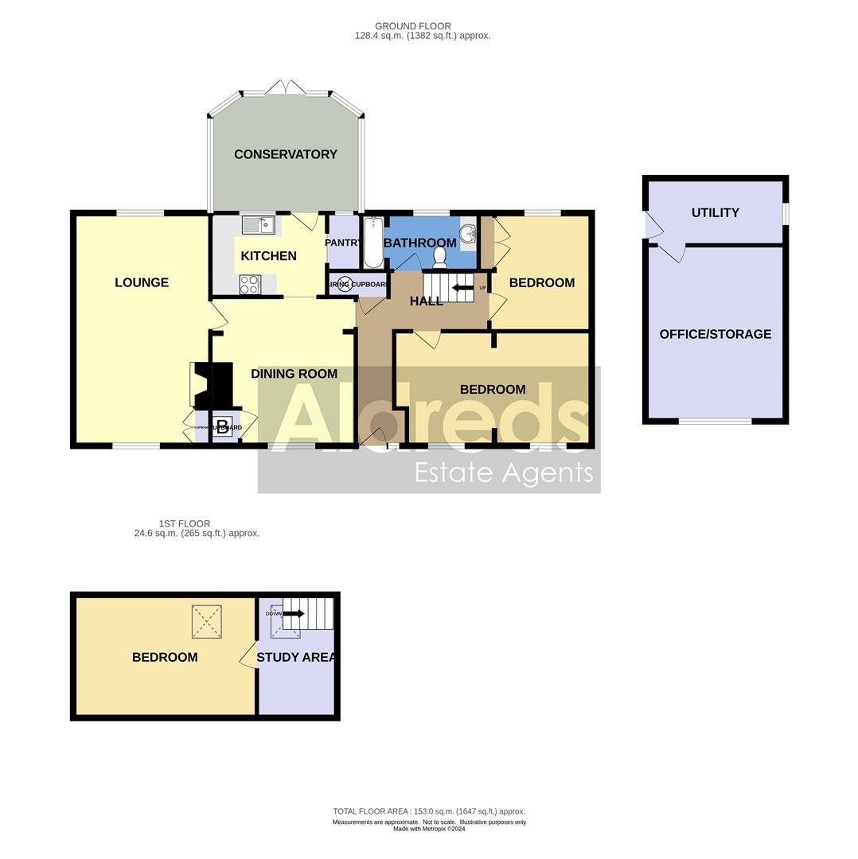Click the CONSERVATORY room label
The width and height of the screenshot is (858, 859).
285,154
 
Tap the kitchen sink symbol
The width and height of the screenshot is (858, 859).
258,226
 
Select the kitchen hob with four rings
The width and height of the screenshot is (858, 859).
249,284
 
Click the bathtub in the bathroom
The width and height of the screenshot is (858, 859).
372,243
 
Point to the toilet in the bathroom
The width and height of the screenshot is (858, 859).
439,256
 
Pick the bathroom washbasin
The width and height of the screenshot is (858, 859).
467,234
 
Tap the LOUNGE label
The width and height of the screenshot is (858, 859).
142,282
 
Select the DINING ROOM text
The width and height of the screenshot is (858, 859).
294,374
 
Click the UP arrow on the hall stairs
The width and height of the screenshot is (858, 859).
462,287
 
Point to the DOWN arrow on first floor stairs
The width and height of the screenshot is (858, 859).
294,613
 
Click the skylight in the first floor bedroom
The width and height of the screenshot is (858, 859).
206,621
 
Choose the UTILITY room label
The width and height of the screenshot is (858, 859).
715,212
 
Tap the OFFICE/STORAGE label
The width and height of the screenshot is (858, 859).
715,334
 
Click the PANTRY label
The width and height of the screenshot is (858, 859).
343,243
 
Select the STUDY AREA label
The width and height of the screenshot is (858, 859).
295,657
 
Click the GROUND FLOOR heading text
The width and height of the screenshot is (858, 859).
413,26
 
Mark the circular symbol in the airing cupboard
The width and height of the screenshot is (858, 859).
345,284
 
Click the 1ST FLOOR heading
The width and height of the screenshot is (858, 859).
185,523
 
